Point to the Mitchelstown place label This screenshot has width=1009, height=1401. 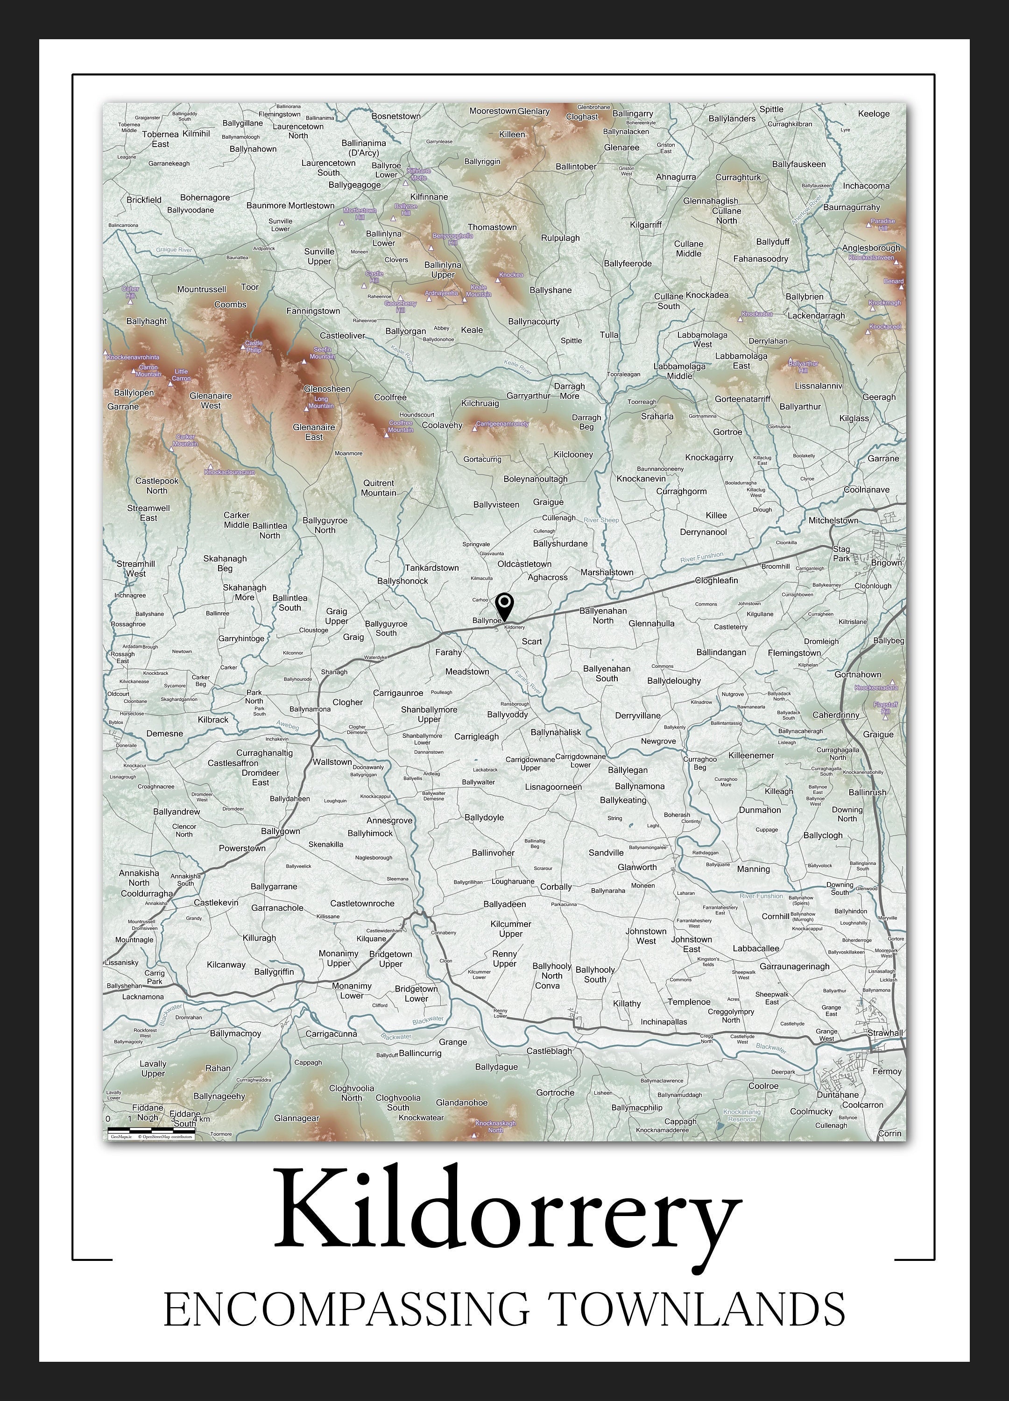tap(833, 521)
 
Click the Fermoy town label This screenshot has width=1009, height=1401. tap(887, 1071)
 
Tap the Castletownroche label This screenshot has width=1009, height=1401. tap(362, 903)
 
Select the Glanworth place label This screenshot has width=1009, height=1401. tap(637, 867)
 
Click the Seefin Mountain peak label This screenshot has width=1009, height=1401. tap(322, 353)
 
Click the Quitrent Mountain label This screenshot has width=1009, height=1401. tap(379, 488)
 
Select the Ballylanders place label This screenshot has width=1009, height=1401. tap(732, 119)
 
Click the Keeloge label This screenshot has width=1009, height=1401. tap(874, 113)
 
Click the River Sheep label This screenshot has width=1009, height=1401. tap(601, 520)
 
